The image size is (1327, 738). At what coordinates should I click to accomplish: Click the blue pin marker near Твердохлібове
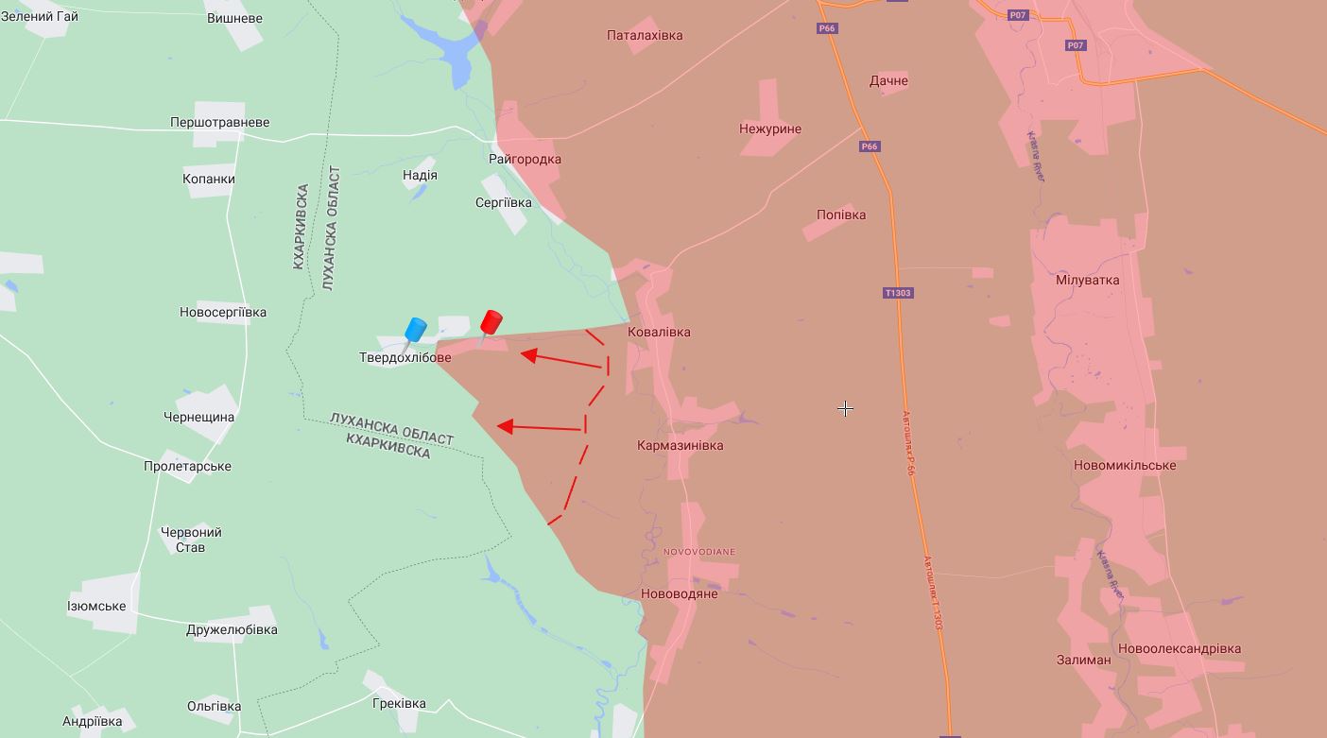(x=414, y=331)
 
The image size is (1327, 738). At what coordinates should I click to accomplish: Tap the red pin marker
(x=491, y=323)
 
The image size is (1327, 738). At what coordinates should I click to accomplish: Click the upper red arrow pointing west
(x=562, y=360)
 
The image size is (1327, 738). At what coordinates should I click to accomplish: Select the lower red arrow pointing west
(x=540, y=428)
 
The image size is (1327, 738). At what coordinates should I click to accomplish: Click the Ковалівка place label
(x=659, y=332)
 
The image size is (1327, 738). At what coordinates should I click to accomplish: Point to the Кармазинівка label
(x=680, y=445)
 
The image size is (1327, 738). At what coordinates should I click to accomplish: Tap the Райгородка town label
(x=525, y=159)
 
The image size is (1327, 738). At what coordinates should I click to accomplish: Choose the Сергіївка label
(x=503, y=202)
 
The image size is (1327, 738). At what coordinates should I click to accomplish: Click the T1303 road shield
(x=897, y=293)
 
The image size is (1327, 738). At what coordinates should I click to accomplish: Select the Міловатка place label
(x=1087, y=280)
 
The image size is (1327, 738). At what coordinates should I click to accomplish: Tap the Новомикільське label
(x=1125, y=465)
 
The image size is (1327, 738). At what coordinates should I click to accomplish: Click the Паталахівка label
(x=645, y=35)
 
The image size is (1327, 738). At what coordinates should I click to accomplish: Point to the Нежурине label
(x=769, y=129)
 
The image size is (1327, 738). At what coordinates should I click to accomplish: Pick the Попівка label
(x=840, y=215)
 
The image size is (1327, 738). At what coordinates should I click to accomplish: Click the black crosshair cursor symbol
(x=845, y=408)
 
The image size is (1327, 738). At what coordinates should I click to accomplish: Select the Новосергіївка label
(x=223, y=312)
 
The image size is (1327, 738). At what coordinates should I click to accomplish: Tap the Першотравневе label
(x=219, y=122)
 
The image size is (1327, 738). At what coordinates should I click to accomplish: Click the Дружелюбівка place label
(x=232, y=629)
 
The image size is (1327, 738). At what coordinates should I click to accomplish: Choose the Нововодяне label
(x=679, y=593)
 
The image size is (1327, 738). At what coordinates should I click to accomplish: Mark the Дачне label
(x=888, y=80)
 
